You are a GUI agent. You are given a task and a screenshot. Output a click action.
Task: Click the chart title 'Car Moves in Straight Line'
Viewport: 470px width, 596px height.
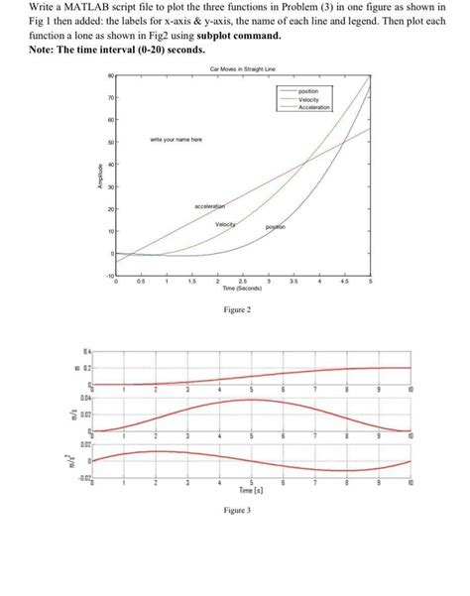(243, 68)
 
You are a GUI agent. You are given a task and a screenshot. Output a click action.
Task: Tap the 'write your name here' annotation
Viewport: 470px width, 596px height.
(177, 141)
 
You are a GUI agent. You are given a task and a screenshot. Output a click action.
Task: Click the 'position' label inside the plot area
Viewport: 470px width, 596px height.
(276, 228)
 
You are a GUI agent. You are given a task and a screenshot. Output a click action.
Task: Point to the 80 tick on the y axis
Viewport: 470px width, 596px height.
(111, 76)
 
